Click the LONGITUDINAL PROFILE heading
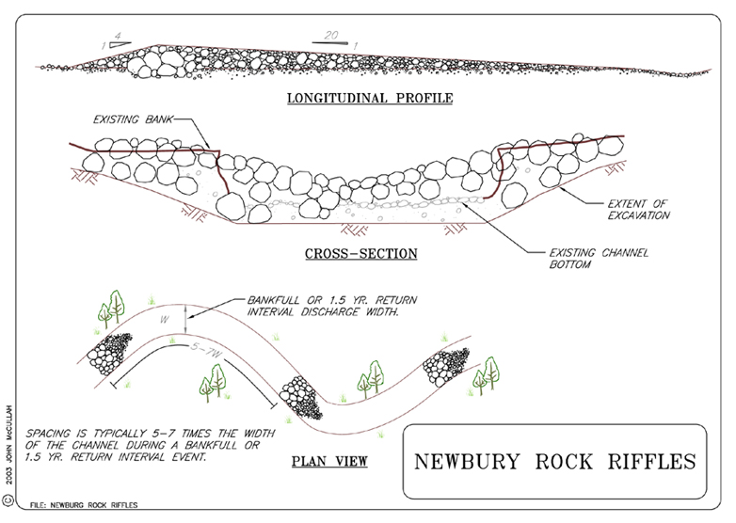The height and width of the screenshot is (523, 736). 370,98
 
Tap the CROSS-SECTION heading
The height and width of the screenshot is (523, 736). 361,254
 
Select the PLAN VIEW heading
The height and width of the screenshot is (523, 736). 329,461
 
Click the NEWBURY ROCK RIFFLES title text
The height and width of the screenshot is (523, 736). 554,462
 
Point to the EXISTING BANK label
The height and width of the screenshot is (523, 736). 133,119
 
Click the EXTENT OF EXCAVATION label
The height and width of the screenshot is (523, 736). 638,210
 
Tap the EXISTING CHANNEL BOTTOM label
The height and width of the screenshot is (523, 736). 599,259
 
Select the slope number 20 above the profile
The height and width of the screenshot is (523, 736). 331,35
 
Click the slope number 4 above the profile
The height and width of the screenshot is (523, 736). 118,36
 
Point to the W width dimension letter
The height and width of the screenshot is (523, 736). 165,320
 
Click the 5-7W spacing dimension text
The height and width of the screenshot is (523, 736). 206,350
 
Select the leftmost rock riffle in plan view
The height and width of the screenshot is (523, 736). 109,353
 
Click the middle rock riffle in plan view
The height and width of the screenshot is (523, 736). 300,397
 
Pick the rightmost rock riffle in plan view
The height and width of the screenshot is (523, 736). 445,367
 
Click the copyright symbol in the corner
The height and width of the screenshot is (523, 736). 8,499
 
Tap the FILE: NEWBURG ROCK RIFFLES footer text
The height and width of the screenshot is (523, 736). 84,505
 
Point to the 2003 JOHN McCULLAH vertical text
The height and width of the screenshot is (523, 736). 9,444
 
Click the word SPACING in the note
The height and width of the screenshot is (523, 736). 48,433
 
